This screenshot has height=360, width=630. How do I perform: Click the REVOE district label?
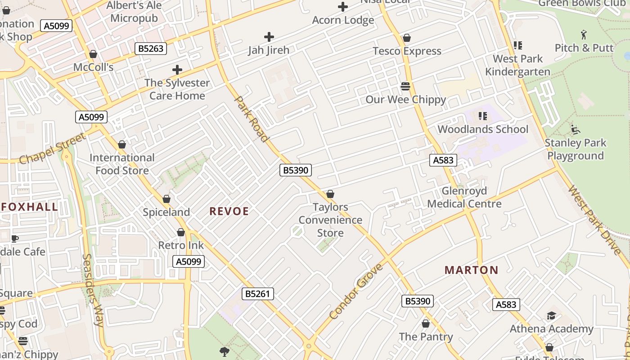pos(229,211)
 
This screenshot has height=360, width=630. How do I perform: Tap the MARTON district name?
pos(471,270)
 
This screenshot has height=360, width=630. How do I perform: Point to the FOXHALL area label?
pos(29,207)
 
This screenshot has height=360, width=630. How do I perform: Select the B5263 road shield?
pos(151,49)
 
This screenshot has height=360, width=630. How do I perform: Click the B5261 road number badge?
pos(257,294)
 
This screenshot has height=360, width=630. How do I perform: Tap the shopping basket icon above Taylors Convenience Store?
pos(330,194)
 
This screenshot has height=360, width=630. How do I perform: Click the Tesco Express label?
pos(407,51)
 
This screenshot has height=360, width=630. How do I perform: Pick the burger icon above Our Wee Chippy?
pos(405,86)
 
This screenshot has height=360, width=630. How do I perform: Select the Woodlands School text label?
pos(483,130)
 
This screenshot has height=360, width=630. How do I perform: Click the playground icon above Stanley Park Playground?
pos(575,130)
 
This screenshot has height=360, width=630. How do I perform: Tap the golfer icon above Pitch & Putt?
pos(584,34)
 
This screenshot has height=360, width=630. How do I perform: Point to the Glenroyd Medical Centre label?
pos(464,198)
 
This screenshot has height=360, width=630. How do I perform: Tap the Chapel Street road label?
pos(52,148)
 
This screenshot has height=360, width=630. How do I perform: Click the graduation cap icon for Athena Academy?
pos(551,315)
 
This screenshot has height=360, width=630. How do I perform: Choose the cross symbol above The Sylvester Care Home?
pos(177,70)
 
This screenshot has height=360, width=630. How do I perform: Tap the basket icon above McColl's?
pos(93,54)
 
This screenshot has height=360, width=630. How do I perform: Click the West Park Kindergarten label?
pos(517,65)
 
